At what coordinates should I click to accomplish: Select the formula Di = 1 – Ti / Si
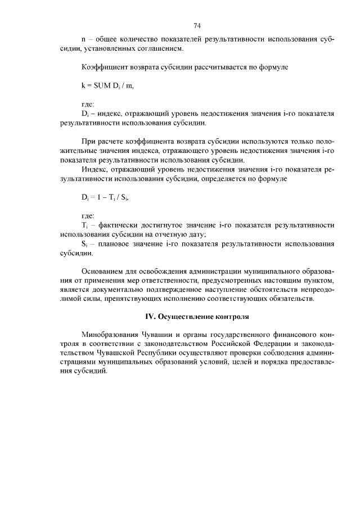point(107,197)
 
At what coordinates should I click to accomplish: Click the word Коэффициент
point(105,67)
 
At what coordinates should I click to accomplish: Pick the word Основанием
point(105,271)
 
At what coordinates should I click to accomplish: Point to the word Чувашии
point(163,335)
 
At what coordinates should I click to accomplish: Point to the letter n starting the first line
point(84,40)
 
